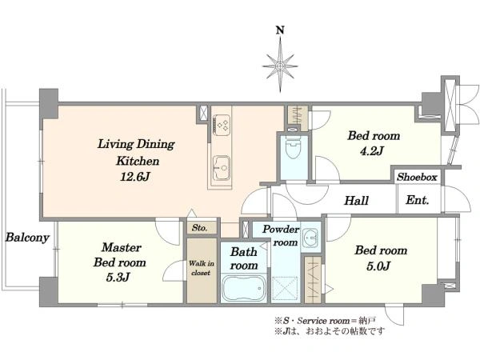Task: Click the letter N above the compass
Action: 280,30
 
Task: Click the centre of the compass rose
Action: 280,66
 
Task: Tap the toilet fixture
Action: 293,147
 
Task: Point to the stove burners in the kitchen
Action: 222,124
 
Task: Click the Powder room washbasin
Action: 310,238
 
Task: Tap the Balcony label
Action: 27,238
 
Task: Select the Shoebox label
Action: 417,177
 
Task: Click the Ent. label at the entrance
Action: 418,200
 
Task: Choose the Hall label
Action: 356,201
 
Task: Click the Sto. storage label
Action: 199,227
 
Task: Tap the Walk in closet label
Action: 201,268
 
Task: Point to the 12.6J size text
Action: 134,177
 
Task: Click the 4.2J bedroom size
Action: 372,151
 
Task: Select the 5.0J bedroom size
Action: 378,266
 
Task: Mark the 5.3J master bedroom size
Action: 118,278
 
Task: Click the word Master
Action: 122,247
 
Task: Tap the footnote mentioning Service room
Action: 325,321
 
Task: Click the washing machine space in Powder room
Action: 285,288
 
